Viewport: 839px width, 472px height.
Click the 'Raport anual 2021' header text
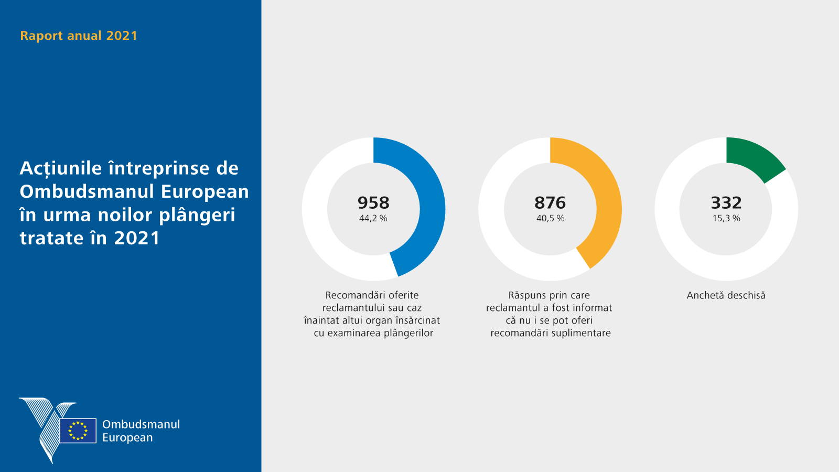pos(79,36)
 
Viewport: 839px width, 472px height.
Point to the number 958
pos(373,202)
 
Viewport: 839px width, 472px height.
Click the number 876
pos(550,202)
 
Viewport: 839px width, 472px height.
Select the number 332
pos(726,202)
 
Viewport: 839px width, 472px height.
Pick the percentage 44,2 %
pos(373,218)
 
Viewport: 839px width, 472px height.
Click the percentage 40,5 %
pos(550,218)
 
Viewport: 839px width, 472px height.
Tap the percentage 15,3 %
pos(726,218)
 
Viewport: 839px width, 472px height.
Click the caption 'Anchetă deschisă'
pos(726,295)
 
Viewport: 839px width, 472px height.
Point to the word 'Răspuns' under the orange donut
pos(528,295)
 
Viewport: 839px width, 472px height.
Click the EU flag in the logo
pos(78,431)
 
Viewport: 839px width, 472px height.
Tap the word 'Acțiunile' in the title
pos(61,168)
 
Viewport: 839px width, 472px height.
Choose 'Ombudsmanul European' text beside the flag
pos(141,431)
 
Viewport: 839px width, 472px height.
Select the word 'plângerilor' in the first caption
pos(408,333)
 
